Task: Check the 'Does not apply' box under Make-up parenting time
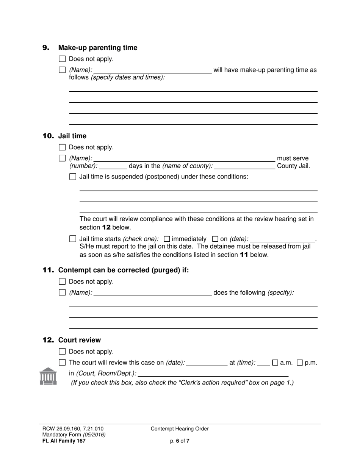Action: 63,59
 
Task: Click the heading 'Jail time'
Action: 72,136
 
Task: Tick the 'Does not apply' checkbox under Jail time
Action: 63,147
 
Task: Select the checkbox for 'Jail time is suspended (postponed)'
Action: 73,177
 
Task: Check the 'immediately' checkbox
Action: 167,239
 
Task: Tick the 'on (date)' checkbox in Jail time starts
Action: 215,239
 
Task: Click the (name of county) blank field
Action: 244,166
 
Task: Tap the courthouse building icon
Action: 48,376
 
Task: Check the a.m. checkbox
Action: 275,363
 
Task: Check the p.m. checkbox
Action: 300,363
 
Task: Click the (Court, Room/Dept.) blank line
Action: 213,373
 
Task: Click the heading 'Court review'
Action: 80,340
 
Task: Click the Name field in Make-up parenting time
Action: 152,70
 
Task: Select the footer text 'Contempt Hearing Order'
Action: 180,429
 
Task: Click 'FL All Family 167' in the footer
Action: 64,441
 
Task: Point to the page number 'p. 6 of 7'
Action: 180,441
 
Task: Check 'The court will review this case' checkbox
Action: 63,363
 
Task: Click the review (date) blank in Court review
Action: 207,363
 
